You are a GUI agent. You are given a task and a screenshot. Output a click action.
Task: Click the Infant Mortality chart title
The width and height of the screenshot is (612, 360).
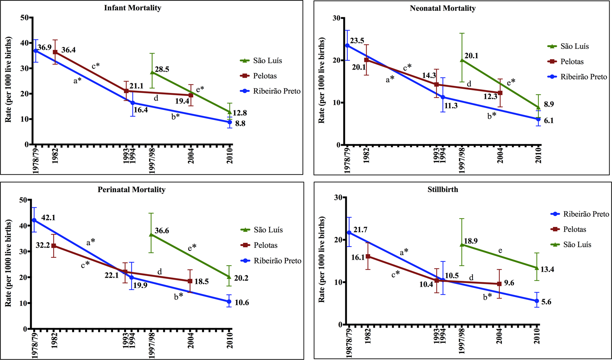pyautogui.click(x=132, y=8)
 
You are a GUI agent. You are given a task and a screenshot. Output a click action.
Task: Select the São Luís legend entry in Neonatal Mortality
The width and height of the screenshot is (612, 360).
pyautogui.click(x=574, y=46)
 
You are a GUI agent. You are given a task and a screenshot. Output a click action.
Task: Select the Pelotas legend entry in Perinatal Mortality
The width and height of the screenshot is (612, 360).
pyautogui.click(x=266, y=245)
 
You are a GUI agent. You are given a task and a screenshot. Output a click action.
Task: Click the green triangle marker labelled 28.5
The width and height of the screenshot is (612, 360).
pyautogui.click(x=152, y=72)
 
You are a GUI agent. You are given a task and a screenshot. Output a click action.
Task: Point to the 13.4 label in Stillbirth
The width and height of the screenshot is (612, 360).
pyautogui.click(x=547, y=269)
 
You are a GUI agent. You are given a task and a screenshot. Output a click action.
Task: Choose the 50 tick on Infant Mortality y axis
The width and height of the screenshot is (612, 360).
pyautogui.click(x=25, y=17)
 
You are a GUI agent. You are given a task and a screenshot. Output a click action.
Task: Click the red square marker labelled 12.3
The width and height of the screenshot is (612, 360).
pyautogui.click(x=500, y=93)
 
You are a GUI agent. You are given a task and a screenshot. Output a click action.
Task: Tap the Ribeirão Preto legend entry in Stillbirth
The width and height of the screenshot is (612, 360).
pyautogui.click(x=586, y=214)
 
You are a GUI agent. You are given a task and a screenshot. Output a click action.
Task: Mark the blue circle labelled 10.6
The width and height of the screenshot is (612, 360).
pyautogui.click(x=230, y=301)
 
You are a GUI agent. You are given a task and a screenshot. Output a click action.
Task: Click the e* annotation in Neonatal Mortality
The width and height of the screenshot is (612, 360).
pyautogui.click(x=511, y=81)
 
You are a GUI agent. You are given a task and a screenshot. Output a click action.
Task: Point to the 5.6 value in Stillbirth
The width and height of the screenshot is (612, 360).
pyautogui.click(x=546, y=302)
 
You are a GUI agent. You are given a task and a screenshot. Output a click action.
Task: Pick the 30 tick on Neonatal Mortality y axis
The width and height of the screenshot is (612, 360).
pyautogui.click(x=336, y=18)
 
